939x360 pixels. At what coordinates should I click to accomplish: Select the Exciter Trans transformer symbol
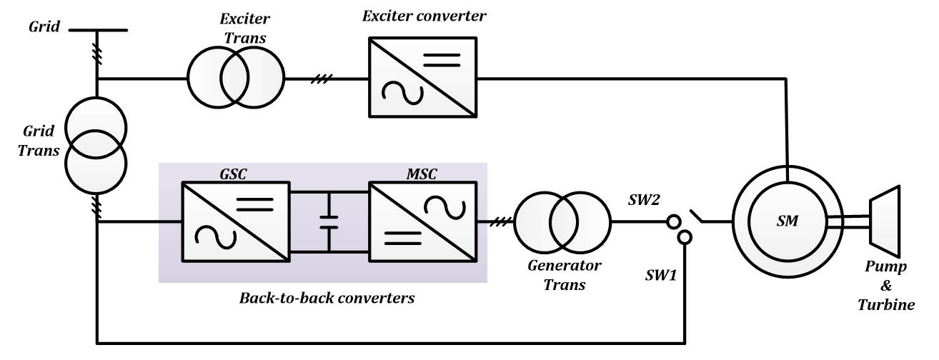[236, 79]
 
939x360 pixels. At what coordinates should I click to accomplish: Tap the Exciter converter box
[423, 78]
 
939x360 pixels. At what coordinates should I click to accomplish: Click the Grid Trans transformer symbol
[96, 144]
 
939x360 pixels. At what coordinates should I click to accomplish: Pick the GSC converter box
[236, 221]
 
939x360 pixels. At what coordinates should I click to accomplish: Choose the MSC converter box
[422, 221]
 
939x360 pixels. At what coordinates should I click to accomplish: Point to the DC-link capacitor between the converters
[329, 221]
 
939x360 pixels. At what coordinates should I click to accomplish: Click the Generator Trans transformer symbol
[562, 221]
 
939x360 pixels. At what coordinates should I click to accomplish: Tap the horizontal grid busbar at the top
[96, 31]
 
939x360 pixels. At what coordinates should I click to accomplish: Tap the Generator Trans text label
[565, 276]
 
